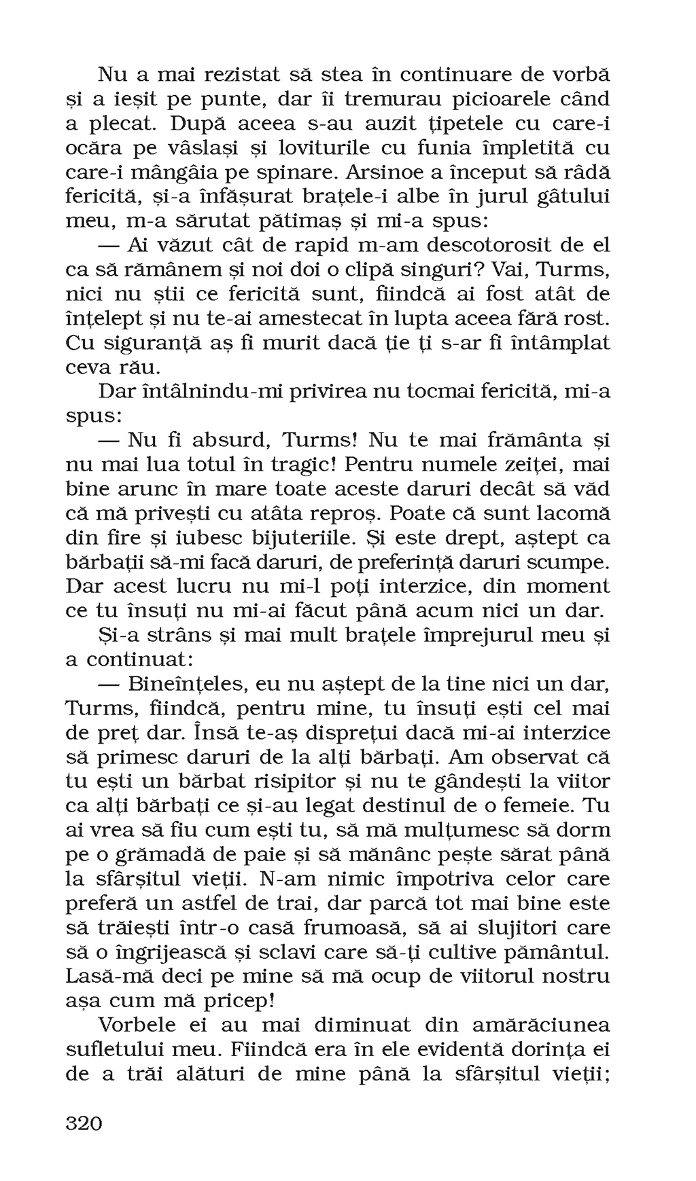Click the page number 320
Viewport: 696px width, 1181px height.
(x=84, y=1123)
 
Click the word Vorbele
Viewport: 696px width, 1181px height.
(x=138, y=1025)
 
